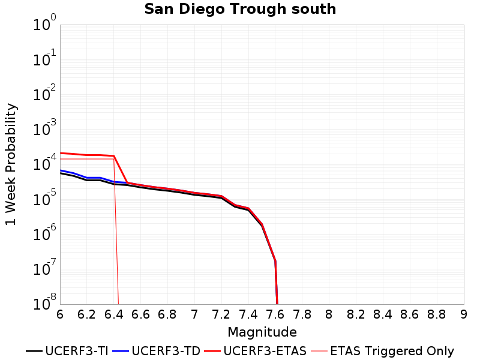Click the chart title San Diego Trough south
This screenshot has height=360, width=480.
240,9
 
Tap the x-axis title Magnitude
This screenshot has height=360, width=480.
262,332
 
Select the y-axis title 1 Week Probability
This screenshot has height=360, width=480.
11,164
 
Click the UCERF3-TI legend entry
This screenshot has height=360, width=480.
67,351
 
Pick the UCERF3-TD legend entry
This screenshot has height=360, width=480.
157,351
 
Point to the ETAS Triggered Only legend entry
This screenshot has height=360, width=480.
383,351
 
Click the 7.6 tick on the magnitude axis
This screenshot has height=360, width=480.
275,314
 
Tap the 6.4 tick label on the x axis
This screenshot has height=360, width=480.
113,314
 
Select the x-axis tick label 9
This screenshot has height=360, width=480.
464,314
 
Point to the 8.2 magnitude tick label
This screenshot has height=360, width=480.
356,314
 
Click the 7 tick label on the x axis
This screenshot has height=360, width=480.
194,314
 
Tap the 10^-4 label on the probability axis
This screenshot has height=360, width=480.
44,162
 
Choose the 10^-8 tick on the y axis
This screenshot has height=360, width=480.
44,302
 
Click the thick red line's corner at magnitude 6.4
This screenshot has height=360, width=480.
114,156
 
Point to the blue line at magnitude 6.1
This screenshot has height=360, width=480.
73,173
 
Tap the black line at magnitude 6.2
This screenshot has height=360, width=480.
87,180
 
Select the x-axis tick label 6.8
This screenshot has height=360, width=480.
167,314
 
